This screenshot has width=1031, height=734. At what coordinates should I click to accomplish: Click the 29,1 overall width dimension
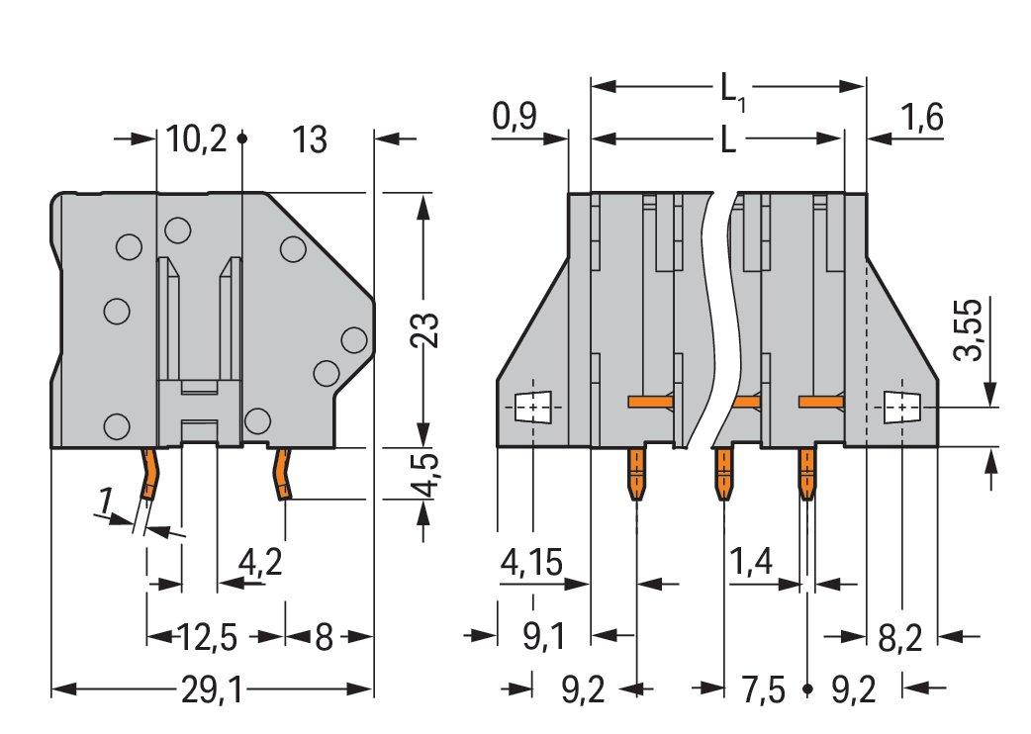(x=212, y=690)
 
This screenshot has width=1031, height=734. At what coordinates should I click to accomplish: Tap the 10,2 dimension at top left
(x=196, y=139)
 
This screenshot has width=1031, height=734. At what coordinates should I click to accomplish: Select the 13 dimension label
(x=309, y=139)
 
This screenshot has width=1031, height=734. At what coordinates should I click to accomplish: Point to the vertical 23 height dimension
(x=425, y=329)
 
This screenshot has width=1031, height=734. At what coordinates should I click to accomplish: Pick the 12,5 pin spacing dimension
(x=207, y=637)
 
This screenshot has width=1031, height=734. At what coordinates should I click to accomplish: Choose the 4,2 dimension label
(x=260, y=563)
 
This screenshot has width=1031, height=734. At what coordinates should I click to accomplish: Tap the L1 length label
(x=732, y=91)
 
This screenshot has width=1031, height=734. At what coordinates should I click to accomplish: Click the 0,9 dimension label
(x=515, y=117)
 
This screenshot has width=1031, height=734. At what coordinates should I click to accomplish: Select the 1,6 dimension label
(x=921, y=117)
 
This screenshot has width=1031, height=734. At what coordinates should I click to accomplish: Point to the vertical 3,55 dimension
(x=969, y=329)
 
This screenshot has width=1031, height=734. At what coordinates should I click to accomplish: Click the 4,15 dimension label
(x=532, y=563)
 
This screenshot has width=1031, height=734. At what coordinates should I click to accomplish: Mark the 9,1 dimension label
(x=544, y=637)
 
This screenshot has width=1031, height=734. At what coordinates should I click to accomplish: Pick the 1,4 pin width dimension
(x=751, y=563)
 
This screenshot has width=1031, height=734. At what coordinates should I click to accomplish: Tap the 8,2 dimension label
(x=900, y=637)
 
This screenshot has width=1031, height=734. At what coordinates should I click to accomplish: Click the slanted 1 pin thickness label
(x=105, y=502)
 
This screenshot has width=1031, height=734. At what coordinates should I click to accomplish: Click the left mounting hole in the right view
(x=532, y=408)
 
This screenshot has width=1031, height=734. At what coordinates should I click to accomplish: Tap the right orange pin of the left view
(x=283, y=474)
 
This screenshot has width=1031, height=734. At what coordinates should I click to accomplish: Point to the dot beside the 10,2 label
(x=242, y=139)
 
